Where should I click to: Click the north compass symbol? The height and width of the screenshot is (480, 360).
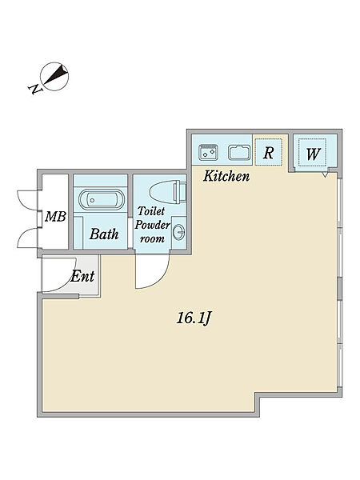pos(54,77)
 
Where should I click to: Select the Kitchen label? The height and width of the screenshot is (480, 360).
pos(226,176)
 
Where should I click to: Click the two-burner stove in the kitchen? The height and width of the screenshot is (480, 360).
pos(208,152)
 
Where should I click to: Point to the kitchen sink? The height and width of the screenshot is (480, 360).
pos(239,152)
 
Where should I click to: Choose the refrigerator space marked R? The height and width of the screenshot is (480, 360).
pos(268,152)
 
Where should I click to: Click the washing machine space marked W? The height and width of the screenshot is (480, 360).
pos(313,153)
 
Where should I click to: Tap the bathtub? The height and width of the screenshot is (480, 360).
pos(102,200)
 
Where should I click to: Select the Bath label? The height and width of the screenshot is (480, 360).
pos(104,234)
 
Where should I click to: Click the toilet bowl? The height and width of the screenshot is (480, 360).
pos(168,192)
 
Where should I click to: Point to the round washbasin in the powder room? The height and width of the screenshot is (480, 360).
pos(178,233)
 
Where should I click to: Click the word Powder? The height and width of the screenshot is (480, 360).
pos(153,225)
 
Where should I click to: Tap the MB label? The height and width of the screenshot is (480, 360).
pos(55,217)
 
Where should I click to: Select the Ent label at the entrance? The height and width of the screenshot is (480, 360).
pos(82,277)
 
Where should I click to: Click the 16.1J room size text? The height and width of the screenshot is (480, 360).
pos(194,318)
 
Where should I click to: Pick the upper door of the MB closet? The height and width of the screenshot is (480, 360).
pos(27,200)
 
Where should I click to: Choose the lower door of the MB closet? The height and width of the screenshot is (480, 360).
pos(27,238)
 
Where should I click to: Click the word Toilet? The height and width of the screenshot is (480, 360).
pos(151,211)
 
